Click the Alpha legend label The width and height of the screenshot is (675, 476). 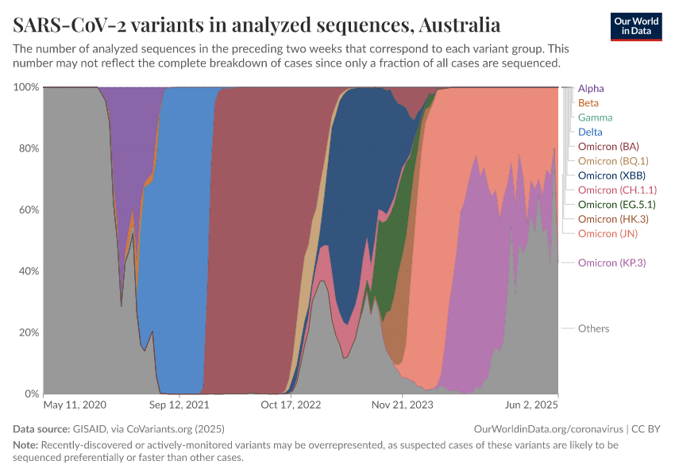pyautogui.click(x=592, y=88)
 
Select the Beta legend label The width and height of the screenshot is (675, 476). pyautogui.click(x=588, y=103)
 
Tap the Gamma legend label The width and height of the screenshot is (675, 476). pyautogui.click(x=595, y=117)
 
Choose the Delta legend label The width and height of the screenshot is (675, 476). pyautogui.click(x=590, y=132)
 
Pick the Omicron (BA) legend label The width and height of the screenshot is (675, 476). pyautogui.click(x=608, y=147)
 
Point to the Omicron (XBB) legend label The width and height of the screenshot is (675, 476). pyautogui.click(x=611, y=175)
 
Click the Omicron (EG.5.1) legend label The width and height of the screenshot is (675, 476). pyautogui.click(x=616, y=205)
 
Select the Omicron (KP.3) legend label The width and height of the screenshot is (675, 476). pyautogui.click(x=611, y=263)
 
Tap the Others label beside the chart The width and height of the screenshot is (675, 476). pyautogui.click(x=593, y=328)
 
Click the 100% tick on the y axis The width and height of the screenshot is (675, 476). pyautogui.click(x=26, y=86)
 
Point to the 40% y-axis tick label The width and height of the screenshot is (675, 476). pyautogui.click(x=29, y=271)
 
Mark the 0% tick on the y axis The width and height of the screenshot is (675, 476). pyautogui.click(x=32, y=393)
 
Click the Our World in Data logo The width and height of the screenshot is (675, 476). pyautogui.click(x=635, y=26)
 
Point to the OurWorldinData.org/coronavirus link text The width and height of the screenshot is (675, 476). pyautogui.click(x=545, y=428)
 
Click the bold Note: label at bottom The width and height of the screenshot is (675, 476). pyautogui.click(x=25, y=445)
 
